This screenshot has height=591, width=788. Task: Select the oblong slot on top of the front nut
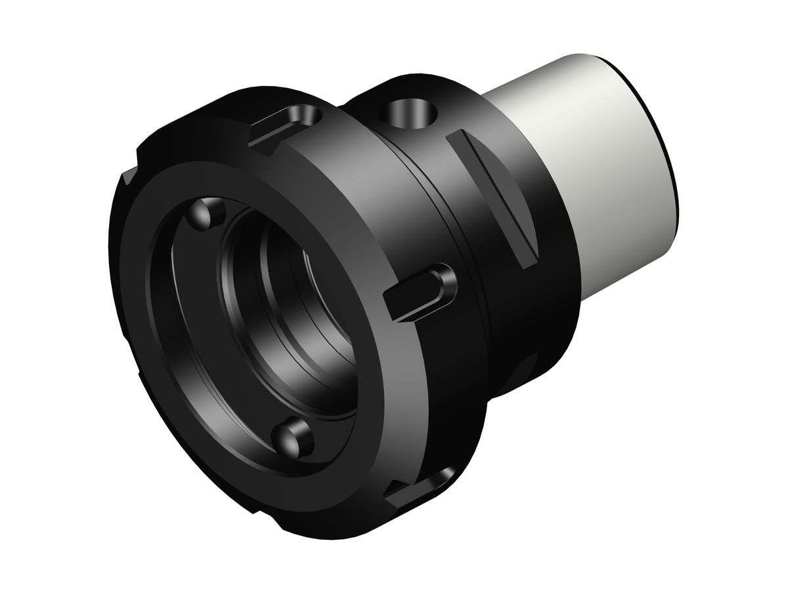click(289, 122)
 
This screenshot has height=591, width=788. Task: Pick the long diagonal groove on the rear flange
click(492, 197)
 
